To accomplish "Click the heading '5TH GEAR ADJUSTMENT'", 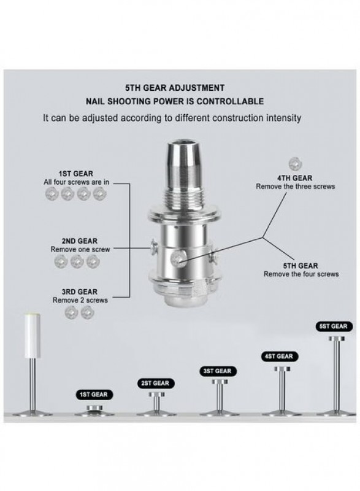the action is click(x=175, y=88).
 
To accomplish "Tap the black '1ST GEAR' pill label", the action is click(x=94, y=395).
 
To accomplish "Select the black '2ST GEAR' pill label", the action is click(x=155, y=383).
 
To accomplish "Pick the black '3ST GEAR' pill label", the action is click(x=218, y=371).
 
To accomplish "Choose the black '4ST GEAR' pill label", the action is click(x=279, y=357).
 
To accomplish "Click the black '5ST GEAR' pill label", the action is click(x=334, y=327).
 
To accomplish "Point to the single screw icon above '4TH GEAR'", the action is click(x=295, y=164).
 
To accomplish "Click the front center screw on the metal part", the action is click(x=177, y=258).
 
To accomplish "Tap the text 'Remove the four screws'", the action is click(x=301, y=274).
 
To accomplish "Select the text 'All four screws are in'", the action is click(x=77, y=182).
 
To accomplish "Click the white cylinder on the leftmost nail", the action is click(x=33, y=335).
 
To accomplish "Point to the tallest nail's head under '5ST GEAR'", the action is click(x=337, y=339).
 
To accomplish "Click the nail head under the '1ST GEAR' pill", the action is click(x=94, y=408).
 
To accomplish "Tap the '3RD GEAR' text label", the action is click(x=80, y=292).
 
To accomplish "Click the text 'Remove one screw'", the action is click(x=80, y=250).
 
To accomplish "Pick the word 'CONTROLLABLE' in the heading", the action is click(x=230, y=101).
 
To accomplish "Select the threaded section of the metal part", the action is click(x=185, y=196).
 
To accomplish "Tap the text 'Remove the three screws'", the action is click(x=296, y=187).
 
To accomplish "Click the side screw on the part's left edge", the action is click(x=154, y=247).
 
